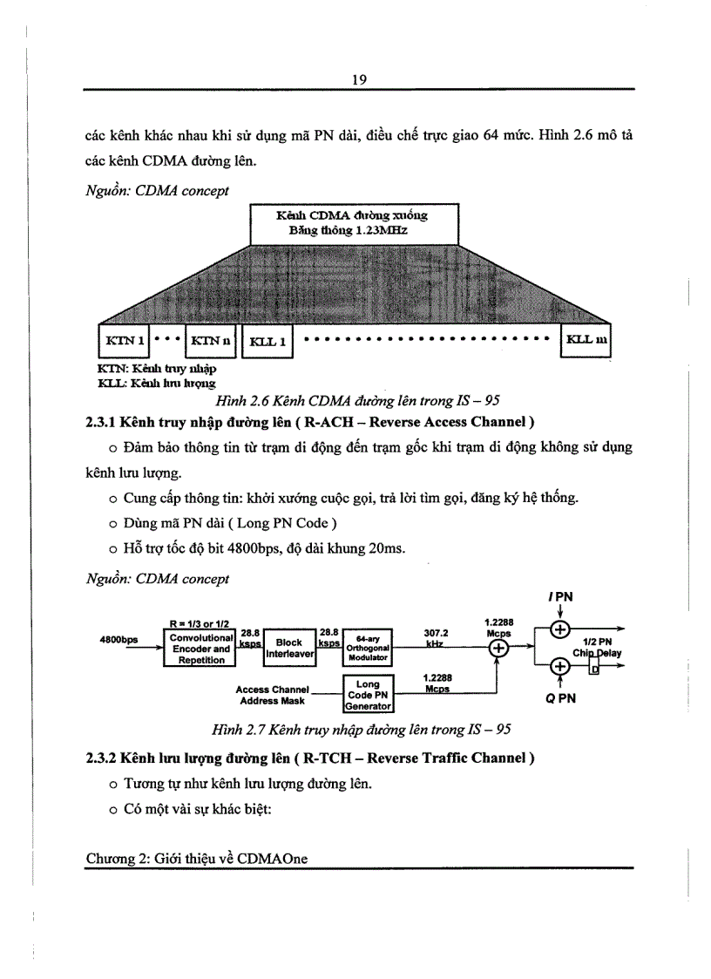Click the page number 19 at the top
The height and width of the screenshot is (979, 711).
[x=358, y=79]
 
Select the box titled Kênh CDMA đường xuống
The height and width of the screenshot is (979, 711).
[x=353, y=222]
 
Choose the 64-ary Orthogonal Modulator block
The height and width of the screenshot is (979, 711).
[x=368, y=648]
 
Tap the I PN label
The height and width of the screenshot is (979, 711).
[x=560, y=596]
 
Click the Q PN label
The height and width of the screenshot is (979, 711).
[x=560, y=698]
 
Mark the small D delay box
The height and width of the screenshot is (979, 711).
[x=595, y=670]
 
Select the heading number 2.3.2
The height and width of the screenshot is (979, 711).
[x=103, y=758]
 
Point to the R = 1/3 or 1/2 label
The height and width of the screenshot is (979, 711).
[x=200, y=623]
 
